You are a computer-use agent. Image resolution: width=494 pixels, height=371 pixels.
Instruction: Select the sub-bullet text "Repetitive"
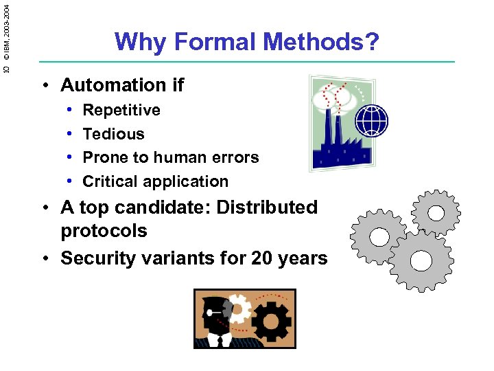point(121,110)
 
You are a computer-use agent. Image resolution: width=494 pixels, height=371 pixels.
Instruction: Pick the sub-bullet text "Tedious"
point(113,134)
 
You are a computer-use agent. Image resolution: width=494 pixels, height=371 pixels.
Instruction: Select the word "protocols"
point(104,231)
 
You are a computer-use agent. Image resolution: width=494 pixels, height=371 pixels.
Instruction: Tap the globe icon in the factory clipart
point(372,121)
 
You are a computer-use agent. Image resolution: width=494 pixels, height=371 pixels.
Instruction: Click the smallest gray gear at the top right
point(435,212)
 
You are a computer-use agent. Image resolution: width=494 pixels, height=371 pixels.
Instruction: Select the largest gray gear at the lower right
point(421,261)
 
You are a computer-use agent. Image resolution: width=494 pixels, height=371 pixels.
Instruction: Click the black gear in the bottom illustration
point(272,321)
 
